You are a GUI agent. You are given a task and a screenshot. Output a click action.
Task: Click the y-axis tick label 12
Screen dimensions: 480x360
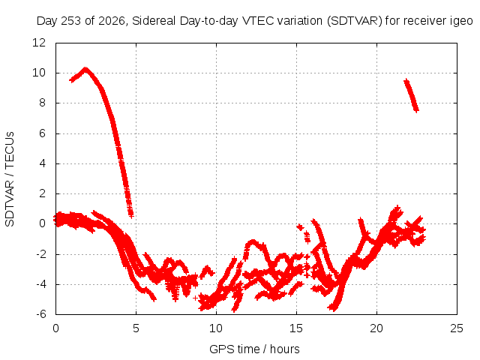(x=39, y=42)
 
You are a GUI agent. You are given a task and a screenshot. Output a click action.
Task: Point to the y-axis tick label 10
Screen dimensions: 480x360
(x=39, y=73)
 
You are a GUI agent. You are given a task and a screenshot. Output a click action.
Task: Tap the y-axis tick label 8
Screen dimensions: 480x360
(x=42, y=103)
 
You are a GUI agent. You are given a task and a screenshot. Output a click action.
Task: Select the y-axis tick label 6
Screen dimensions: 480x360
(x=42, y=133)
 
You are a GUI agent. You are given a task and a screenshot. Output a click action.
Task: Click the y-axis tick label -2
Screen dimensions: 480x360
(x=41, y=253)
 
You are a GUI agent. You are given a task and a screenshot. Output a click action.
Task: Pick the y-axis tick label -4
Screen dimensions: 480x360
(x=41, y=283)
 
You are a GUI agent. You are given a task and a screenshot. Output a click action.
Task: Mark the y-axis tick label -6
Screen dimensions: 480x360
(x=41, y=313)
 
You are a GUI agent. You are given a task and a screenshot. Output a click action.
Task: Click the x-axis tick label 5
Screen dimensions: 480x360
(x=136, y=328)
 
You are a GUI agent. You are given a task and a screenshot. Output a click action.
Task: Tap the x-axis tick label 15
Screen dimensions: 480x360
(x=296, y=328)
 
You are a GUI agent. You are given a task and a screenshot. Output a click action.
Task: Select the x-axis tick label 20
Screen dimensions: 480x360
(x=376, y=328)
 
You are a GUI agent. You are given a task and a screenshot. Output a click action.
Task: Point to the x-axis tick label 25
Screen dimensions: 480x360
(x=457, y=328)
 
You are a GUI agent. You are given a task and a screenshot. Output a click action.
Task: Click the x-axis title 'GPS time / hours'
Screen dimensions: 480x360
(x=254, y=349)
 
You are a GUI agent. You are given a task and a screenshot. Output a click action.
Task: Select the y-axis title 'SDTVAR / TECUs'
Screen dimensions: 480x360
(x=10, y=179)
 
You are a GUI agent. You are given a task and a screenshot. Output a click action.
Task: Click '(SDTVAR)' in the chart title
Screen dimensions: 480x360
(x=355, y=21)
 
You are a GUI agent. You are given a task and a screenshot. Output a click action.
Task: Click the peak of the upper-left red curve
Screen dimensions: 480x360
(x=85, y=69)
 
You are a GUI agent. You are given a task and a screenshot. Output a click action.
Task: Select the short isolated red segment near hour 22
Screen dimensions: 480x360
(x=411, y=95)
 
